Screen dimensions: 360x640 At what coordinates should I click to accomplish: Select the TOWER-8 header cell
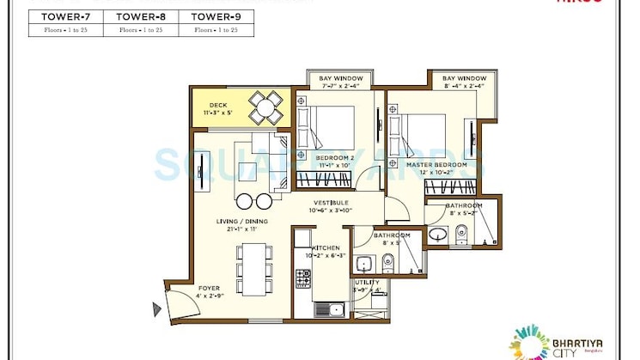141,15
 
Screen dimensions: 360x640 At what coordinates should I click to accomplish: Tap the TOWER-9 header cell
216,15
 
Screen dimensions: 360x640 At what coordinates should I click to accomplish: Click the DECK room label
210,108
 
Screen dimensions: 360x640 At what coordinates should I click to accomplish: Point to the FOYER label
208,288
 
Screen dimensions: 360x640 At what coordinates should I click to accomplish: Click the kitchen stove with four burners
303,278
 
